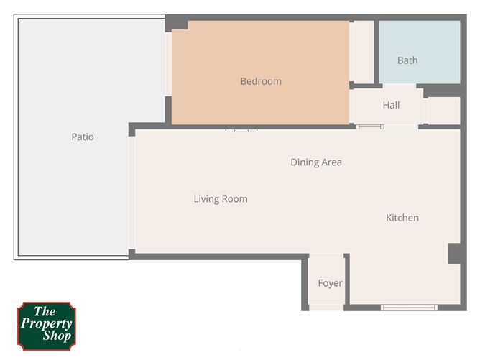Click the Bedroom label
[x=261, y=81]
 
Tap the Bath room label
[x=407, y=60]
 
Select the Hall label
[x=391, y=105]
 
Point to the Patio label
[x=83, y=137]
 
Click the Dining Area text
[x=316, y=162]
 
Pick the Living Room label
[x=221, y=199]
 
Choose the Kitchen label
[x=402, y=218]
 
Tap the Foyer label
[x=330, y=283]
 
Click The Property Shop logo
[x=46, y=325]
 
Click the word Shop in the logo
[x=46, y=336]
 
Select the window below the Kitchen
[x=409, y=308]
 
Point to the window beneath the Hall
[x=371, y=127]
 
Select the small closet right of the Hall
[x=443, y=111]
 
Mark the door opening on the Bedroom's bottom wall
[x=241, y=130]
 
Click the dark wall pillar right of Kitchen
[x=454, y=253]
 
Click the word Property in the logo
[x=46, y=323]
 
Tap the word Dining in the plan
[x=305, y=162]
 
